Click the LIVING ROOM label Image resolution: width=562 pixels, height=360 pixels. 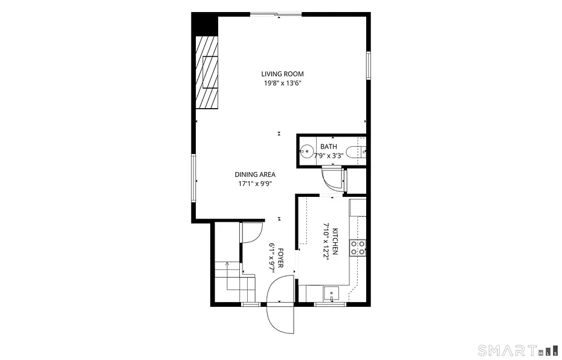pyautogui.click(x=282, y=74)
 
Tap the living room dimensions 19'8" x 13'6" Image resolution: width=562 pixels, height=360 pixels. pyautogui.click(x=282, y=83)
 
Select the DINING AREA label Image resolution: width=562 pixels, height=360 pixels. pyautogui.click(x=255, y=175)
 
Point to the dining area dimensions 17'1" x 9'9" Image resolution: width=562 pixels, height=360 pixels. pyautogui.click(x=255, y=184)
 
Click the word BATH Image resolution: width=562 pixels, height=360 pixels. pyautogui.click(x=329, y=147)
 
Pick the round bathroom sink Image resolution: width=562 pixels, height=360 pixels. pyautogui.click(x=307, y=151)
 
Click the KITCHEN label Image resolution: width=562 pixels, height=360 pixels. pyautogui.click(x=335, y=241)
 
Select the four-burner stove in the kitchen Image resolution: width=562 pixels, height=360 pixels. pyautogui.click(x=358, y=248)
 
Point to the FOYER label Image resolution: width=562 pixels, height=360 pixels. pyautogui.click(x=280, y=258)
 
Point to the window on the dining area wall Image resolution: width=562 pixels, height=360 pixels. pyautogui.click(x=194, y=178)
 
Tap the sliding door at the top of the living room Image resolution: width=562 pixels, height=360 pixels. pyautogui.click(x=276, y=14)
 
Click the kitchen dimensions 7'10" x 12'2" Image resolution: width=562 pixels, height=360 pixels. pyautogui.click(x=326, y=242)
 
